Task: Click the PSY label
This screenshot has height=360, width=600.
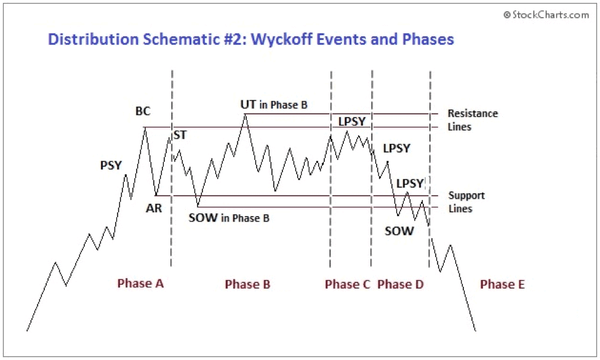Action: (111, 165)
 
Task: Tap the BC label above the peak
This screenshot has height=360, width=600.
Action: (143, 112)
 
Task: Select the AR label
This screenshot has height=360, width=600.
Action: (154, 208)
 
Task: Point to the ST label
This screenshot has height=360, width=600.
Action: (180, 135)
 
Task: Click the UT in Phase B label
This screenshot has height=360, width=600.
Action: (273, 105)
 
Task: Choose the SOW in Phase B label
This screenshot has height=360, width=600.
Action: (228, 217)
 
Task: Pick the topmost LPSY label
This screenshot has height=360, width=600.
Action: (353, 121)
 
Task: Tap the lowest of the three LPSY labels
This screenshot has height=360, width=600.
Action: (409, 183)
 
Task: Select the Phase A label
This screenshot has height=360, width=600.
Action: (140, 284)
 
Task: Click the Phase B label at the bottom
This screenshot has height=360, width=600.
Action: (247, 284)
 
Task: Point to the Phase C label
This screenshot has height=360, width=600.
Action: (348, 284)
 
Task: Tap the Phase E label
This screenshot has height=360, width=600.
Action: (502, 284)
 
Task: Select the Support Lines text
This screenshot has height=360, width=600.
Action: (466, 202)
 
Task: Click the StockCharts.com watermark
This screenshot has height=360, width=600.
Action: (546, 15)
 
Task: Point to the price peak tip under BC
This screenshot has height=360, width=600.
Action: (145, 127)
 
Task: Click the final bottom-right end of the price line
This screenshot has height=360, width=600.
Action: (475, 331)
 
